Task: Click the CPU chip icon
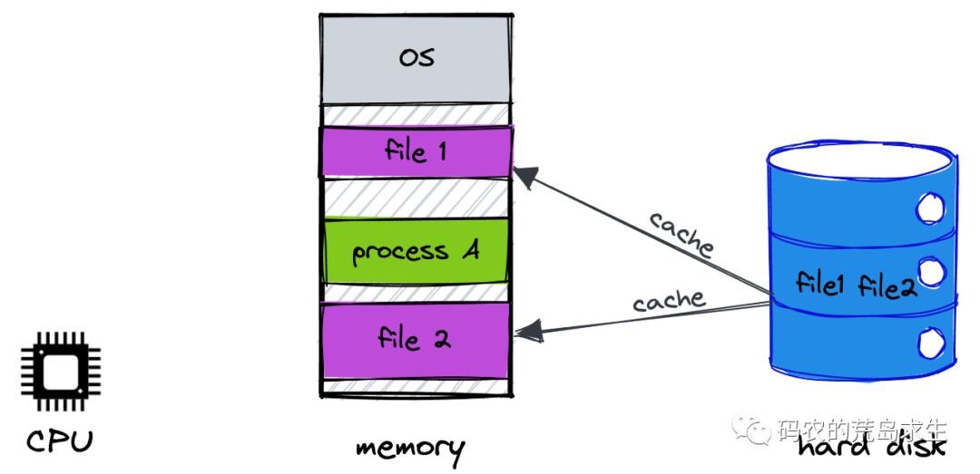click(x=61, y=372)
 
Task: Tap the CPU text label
click(x=60, y=441)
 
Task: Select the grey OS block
click(x=416, y=59)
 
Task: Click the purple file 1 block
click(x=416, y=150)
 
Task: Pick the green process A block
click(x=416, y=251)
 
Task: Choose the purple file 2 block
click(x=416, y=340)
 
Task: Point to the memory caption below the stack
click(x=409, y=448)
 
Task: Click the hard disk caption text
click(x=872, y=446)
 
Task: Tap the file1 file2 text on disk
click(x=857, y=285)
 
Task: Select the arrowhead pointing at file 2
click(x=526, y=330)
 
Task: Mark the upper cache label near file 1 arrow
click(x=681, y=234)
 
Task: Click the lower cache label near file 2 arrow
click(x=669, y=300)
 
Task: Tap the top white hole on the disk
click(x=929, y=210)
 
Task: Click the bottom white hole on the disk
click(x=929, y=344)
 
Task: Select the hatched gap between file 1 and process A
click(x=416, y=197)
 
